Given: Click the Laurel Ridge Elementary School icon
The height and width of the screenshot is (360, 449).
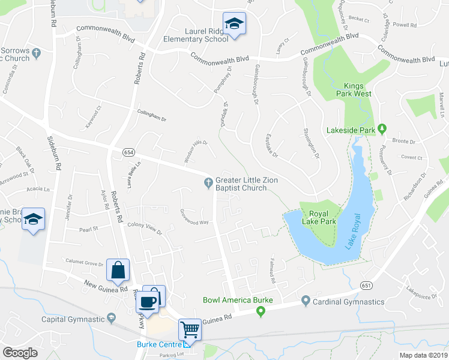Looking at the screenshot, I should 234,25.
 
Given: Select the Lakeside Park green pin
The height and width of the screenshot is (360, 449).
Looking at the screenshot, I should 388,130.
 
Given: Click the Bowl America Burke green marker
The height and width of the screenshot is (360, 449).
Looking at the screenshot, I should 261,311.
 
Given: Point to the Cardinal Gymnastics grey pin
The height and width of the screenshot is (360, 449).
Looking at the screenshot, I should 306,301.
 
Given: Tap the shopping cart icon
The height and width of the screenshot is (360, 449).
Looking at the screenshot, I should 190,329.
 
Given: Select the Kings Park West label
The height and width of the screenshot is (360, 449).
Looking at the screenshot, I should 358,89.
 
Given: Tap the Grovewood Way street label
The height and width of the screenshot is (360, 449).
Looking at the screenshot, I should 194,217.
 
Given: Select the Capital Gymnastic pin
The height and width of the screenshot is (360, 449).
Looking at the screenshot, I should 111,319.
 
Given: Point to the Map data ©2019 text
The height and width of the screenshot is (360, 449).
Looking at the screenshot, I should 423,355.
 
